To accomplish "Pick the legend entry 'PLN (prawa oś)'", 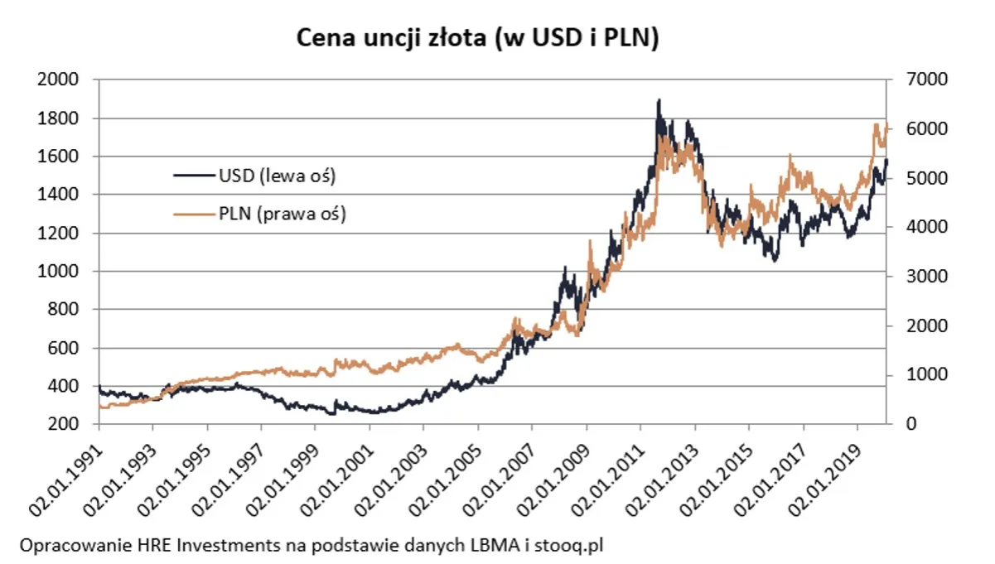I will point(282,214).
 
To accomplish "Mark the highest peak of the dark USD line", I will point(659,101).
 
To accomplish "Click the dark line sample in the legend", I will point(194,176).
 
